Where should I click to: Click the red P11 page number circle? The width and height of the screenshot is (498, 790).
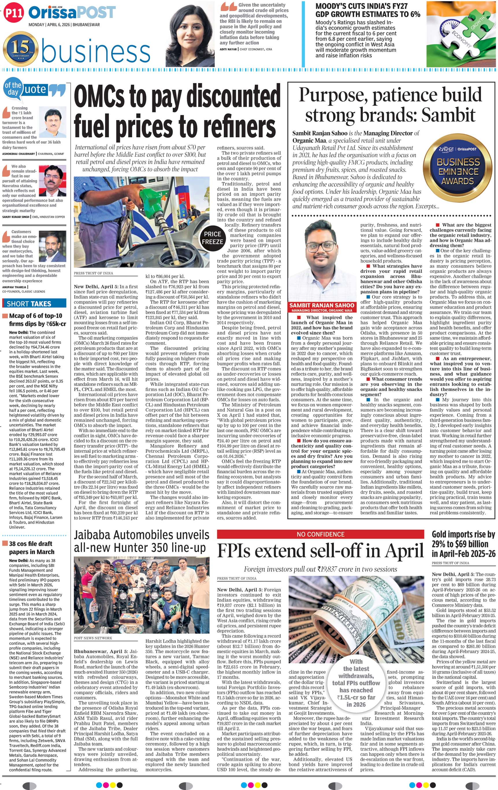pyautogui.click(x=14, y=12)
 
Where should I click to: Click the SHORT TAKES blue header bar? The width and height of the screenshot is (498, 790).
pyautogui.click(x=34, y=303)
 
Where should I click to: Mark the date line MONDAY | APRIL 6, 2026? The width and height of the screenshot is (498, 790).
pyautogui.click(x=64, y=25)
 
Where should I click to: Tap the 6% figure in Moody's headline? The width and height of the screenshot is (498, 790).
pyautogui.click(x=415, y=14)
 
